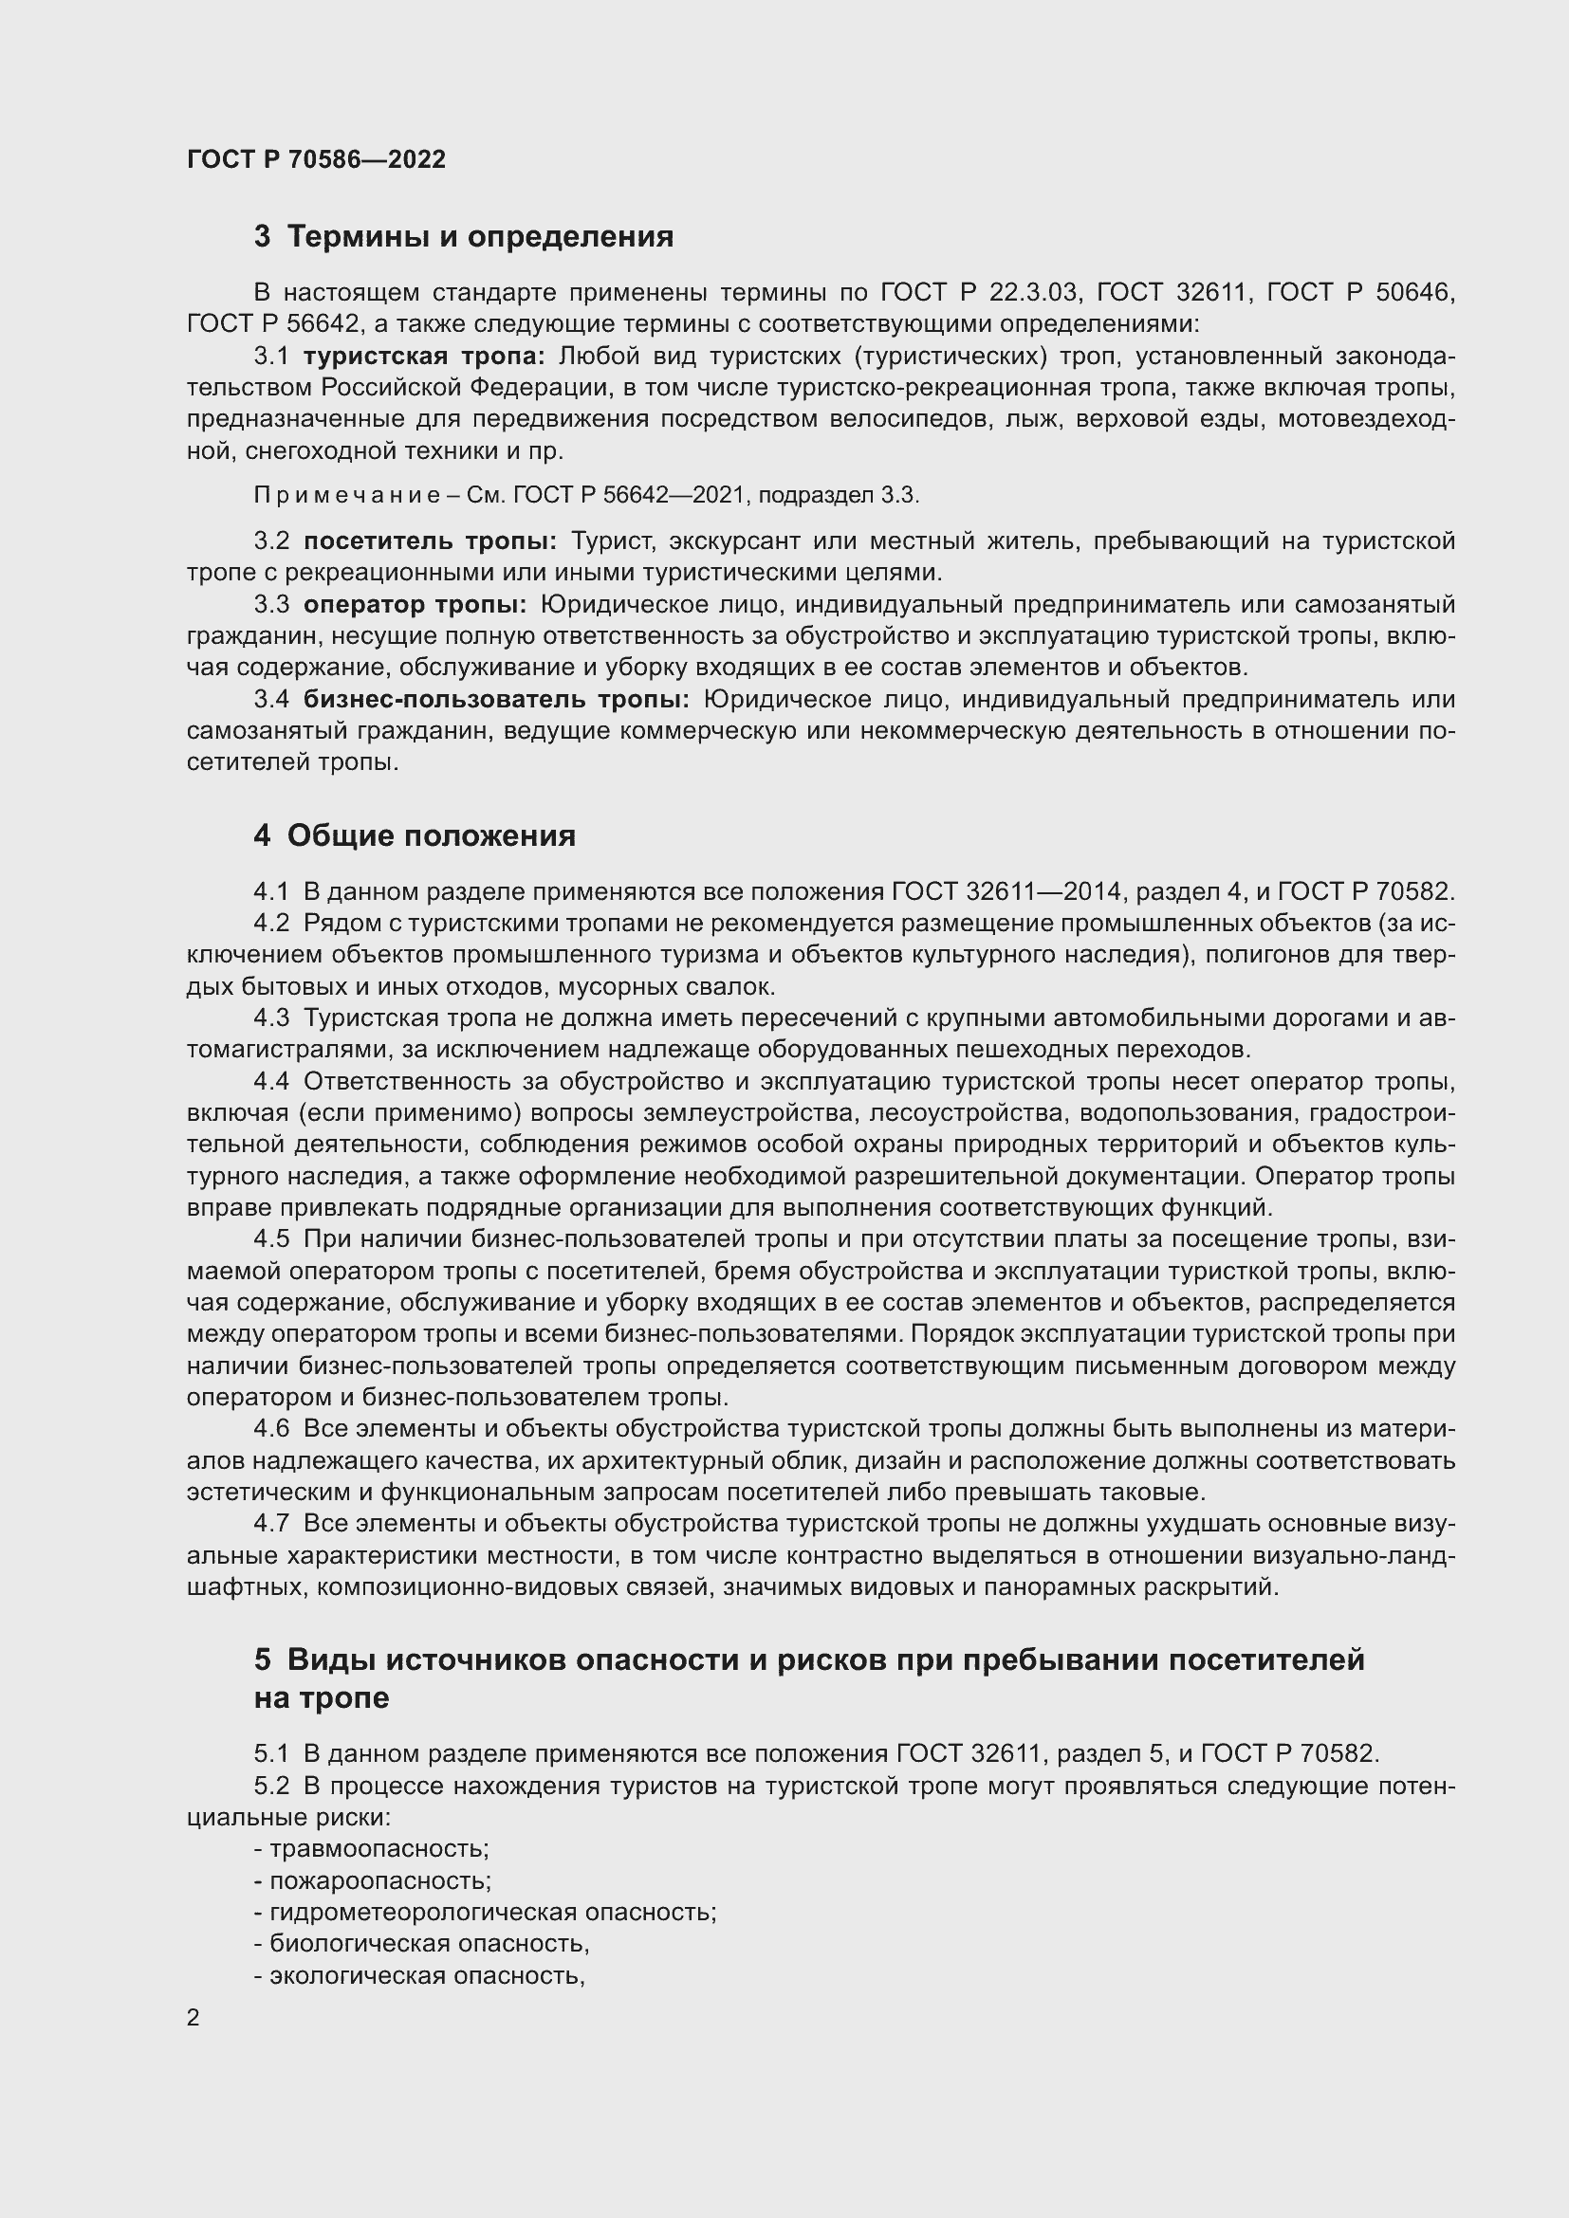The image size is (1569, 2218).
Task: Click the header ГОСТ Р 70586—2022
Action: [316, 159]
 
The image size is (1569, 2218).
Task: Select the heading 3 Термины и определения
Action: [464, 237]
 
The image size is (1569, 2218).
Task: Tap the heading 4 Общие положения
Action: [415, 835]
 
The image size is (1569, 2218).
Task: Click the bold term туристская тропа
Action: [424, 357]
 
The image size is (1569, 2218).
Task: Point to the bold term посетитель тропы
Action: [430, 541]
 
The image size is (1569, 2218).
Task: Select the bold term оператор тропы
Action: [415, 605]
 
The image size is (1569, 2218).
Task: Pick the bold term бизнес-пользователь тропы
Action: [496, 699]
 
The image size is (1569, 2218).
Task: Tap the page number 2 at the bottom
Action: [194, 2018]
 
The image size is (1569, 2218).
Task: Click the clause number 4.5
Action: [271, 1239]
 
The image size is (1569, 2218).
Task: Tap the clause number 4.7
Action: [271, 1524]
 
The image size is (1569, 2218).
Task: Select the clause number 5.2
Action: [271, 1787]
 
